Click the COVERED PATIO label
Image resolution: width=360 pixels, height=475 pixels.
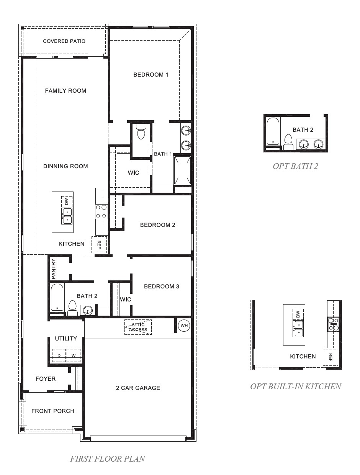click(64, 41)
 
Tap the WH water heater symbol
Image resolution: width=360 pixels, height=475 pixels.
click(184, 326)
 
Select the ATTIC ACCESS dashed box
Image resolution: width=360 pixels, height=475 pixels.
click(138, 327)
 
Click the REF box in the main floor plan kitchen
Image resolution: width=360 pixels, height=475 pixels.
click(99, 245)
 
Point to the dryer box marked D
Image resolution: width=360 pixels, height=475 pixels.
click(59, 355)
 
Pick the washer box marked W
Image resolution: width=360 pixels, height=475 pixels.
click(73, 355)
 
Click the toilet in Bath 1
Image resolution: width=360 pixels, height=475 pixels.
click(141, 134)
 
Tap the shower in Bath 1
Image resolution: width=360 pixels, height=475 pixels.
click(182, 169)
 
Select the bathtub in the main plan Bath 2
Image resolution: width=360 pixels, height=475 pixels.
click(57, 298)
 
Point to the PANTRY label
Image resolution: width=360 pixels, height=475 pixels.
click(54, 268)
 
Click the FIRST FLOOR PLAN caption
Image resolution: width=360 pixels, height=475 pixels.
click(108, 459)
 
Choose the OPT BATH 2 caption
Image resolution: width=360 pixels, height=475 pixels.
click(295, 166)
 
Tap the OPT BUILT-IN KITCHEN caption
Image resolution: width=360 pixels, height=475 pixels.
click(295, 386)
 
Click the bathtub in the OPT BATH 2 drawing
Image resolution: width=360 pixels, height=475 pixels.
click(273, 131)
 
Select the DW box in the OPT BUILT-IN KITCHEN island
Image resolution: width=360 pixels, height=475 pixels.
click(298, 314)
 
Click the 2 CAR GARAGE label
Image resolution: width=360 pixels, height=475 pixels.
click(138, 388)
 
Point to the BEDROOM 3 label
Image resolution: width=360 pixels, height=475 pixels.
click(161, 286)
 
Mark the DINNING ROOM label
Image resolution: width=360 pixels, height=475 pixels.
click(65, 166)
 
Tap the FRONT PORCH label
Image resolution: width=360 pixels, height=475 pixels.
click(53, 411)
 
